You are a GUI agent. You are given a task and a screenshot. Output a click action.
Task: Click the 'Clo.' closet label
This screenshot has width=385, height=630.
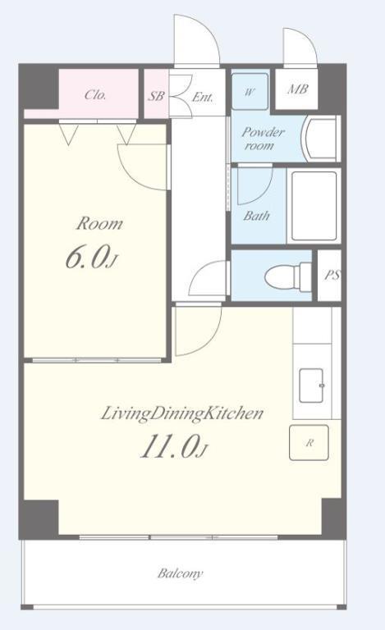(95, 95)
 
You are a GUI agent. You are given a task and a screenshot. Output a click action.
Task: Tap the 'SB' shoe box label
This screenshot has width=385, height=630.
(156, 96)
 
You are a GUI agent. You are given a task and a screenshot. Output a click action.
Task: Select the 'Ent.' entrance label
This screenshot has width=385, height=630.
(203, 97)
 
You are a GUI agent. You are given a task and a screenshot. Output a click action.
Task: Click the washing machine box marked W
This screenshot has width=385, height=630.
(250, 92)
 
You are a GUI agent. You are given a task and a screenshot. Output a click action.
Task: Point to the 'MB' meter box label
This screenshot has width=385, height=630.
(297, 89)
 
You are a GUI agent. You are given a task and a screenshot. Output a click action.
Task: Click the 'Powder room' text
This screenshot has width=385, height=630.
(263, 138)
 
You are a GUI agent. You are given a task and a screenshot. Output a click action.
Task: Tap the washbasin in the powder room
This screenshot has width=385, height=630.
(323, 139)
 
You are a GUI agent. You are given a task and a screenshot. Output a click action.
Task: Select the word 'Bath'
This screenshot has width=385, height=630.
(256, 216)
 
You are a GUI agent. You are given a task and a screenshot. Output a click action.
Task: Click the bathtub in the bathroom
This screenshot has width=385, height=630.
(314, 206)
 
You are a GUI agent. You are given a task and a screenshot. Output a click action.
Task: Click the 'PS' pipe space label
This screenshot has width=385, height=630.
(332, 276)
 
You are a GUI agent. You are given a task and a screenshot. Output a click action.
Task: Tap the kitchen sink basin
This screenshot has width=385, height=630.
(311, 386)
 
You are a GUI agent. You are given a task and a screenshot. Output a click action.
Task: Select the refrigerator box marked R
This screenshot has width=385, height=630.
(309, 442)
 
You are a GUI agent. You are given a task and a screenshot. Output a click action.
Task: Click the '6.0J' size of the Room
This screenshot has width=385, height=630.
(91, 257)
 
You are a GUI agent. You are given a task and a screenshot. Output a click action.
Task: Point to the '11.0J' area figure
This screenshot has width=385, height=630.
(173, 446)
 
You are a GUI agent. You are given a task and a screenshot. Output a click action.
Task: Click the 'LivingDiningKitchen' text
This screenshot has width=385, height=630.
(181, 413)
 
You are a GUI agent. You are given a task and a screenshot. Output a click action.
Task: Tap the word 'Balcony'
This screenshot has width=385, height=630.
(180, 573)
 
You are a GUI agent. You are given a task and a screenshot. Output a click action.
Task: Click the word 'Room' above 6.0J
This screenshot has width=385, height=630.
(99, 223)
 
